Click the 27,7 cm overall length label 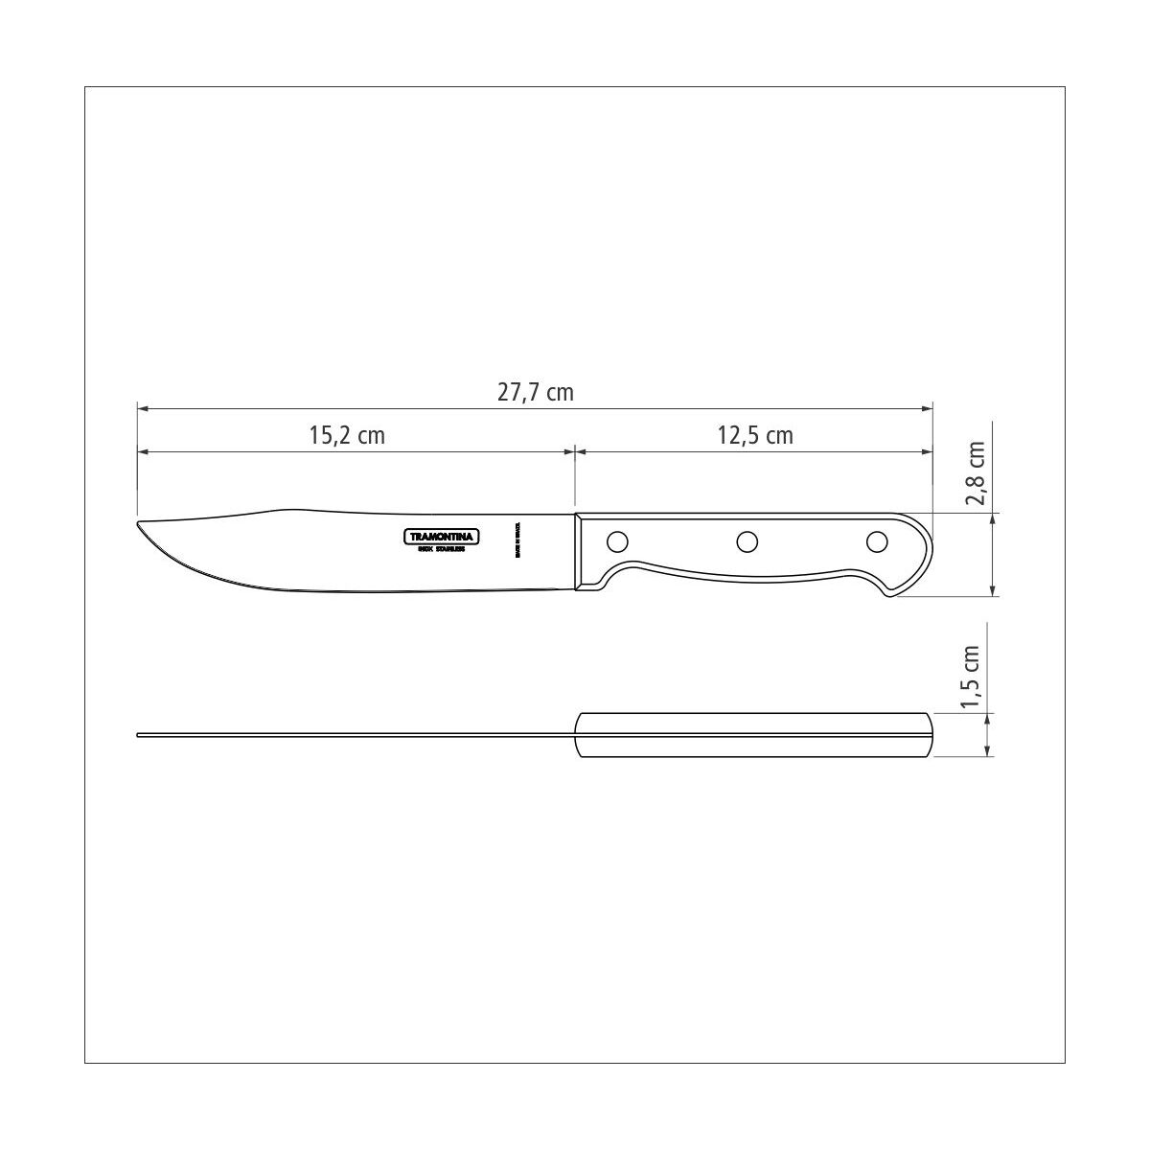pos(535,392)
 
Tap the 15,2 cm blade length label pos(346,435)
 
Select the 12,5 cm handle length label pos(755,435)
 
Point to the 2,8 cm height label pos(976,473)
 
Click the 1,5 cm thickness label pos(976,678)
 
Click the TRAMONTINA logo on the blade pos(438,537)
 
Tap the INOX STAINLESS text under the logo pos(438,549)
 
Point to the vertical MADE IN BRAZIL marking pos(517,540)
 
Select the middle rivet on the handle pos(747,542)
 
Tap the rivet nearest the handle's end pos(876,542)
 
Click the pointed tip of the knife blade pos(140,524)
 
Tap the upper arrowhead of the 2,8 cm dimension pos(990,518)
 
